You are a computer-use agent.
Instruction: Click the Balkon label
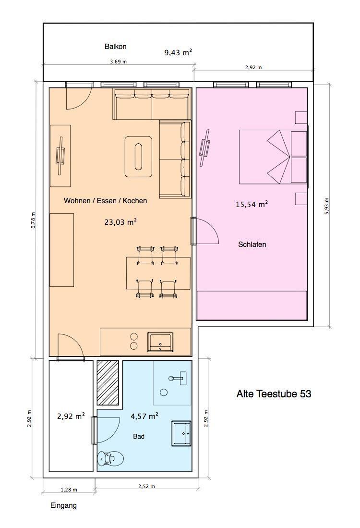115,47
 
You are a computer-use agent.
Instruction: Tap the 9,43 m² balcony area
178,52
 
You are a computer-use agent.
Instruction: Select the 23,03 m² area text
120,222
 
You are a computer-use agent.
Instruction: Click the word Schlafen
252,245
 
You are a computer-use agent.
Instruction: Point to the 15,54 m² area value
252,204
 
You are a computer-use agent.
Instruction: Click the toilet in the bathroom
110,458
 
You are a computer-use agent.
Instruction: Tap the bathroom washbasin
181,433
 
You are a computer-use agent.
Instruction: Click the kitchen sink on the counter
160,342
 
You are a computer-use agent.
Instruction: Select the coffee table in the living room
138,157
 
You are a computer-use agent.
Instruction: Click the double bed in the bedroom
273,157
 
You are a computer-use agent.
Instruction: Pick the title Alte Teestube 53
274,393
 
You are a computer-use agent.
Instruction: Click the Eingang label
63,506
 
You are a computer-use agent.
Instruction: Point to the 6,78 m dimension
33,221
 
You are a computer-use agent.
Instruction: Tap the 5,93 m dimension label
327,207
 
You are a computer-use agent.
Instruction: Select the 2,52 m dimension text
146,486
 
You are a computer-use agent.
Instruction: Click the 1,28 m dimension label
69,490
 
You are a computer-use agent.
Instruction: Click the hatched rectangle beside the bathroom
108,383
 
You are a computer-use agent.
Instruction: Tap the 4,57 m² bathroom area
144,416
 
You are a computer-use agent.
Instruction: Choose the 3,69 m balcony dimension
119,61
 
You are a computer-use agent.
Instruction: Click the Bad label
139,436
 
